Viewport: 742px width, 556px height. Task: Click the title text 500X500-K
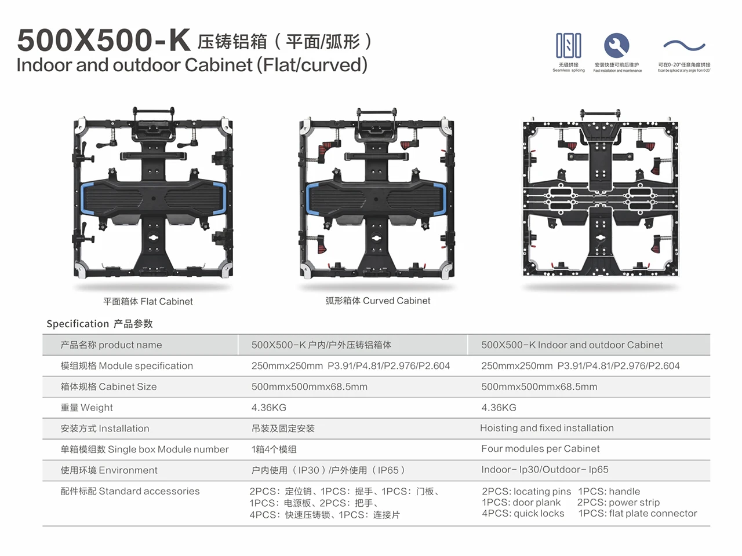coord(104,41)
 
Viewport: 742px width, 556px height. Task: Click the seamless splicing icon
coord(568,46)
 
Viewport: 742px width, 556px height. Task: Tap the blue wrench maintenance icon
coord(617,45)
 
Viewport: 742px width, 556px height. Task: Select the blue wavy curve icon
coord(684,46)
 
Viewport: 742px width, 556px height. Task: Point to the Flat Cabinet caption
coord(148,301)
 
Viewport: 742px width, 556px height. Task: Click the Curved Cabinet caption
coord(377,301)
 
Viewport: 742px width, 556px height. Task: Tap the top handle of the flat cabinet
coord(154,112)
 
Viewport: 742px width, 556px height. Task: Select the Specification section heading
coord(100,324)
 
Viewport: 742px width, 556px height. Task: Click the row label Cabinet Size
coord(108,386)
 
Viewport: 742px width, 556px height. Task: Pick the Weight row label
coord(87,407)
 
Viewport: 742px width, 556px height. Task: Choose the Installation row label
coord(105,428)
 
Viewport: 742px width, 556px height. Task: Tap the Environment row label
coord(109,470)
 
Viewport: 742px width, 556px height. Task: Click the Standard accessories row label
coord(130,491)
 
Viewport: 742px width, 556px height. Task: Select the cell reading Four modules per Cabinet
coord(540,448)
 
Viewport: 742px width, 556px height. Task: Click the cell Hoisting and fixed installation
coord(547,427)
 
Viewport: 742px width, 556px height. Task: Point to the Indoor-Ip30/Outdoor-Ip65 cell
coord(544,469)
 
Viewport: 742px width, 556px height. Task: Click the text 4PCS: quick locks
coord(523,513)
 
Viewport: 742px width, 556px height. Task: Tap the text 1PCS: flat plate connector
coord(638,513)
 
